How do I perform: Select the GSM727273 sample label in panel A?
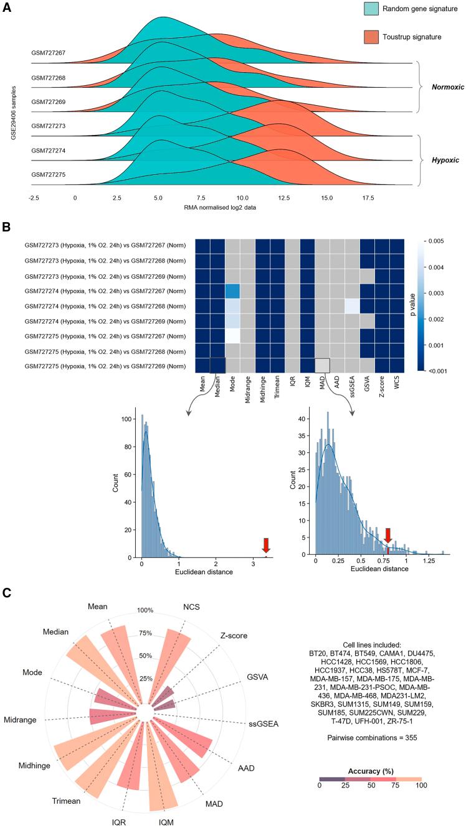pos(49,126)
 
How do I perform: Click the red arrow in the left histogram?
pos(266,545)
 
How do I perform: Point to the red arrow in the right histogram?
pos(388,536)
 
